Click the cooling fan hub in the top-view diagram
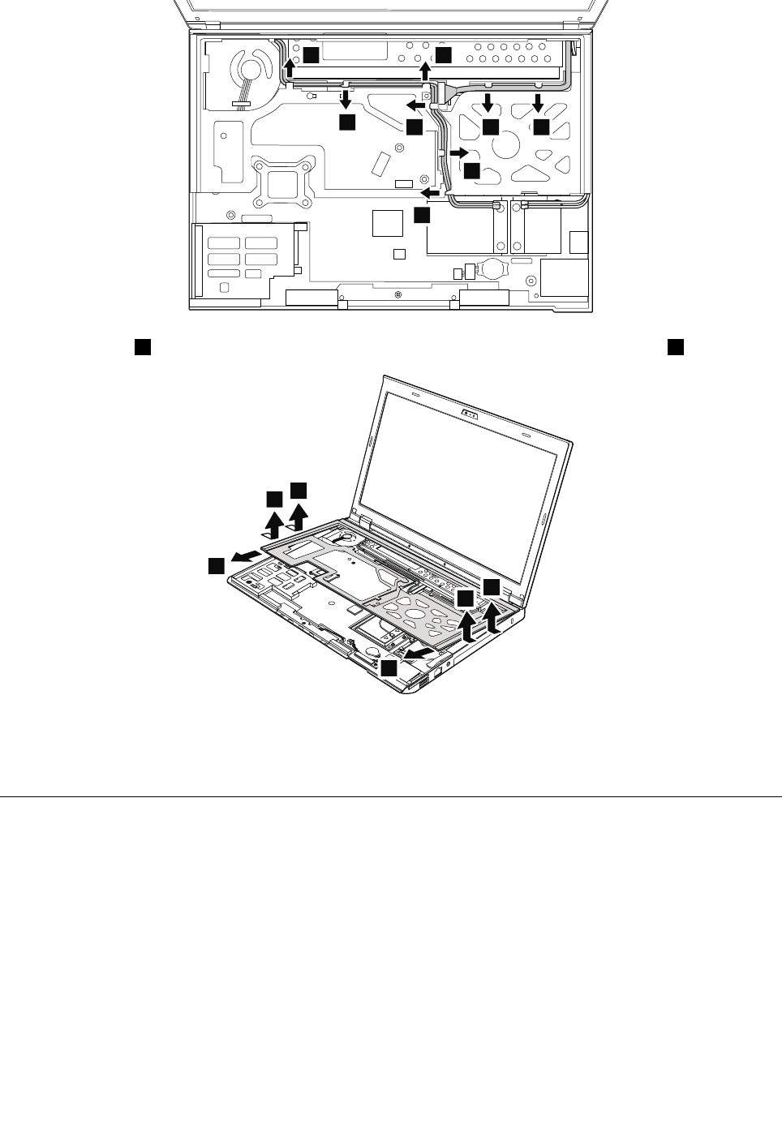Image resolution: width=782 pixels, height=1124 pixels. tap(246, 66)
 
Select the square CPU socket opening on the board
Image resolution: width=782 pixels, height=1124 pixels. tap(282, 179)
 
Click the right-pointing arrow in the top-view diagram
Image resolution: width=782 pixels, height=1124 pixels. tap(459, 152)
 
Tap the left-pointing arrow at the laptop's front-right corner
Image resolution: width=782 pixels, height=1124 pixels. tap(419, 652)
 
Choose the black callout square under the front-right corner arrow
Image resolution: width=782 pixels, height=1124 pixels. tap(390, 667)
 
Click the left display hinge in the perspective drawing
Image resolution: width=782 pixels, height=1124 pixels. tap(362, 517)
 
